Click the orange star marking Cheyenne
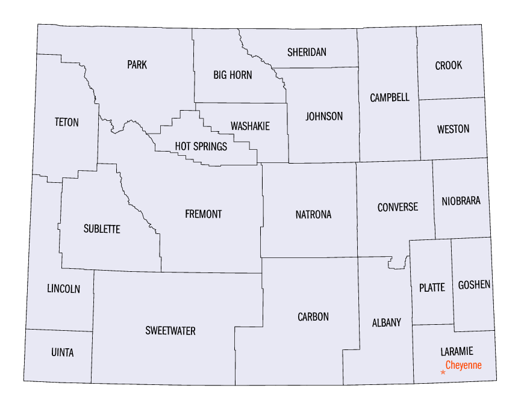pyautogui.click(x=443, y=372)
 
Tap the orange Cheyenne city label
pyautogui.click(x=463, y=365)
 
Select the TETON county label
pyautogui.click(x=66, y=122)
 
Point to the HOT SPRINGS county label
pyautogui.click(x=201, y=146)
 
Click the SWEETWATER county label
pyautogui.click(x=170, y=331)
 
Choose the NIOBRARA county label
pyautogui.click(x=461, y=201)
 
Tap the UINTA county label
pyautogui.click(x=63, y=353)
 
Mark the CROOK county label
pyautogui.click(x=449, y=66)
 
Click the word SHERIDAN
pyautogui.click(x=307, y=52)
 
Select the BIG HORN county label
pyautogui.click(x=232, y=75)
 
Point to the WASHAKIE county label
pyautogui.click(x=250, y=126)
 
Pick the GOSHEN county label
pyautogui.click(x=474, y=284)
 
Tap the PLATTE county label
pyautogui.click(x=432, y=288)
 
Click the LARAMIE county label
pyautogui.click(x=457, y=351)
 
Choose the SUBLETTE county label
pyautogui.click(x=102, y=229)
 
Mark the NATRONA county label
pyautogui.click(x=313, y=215)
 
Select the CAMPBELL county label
pyautogui.click(x=390, y=97)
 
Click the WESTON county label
pyautogui.click(x=453, y=129)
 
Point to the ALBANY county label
pyautogui.click(x=386, y=323)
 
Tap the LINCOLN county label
pyautogui.click(x=63, y=289)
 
